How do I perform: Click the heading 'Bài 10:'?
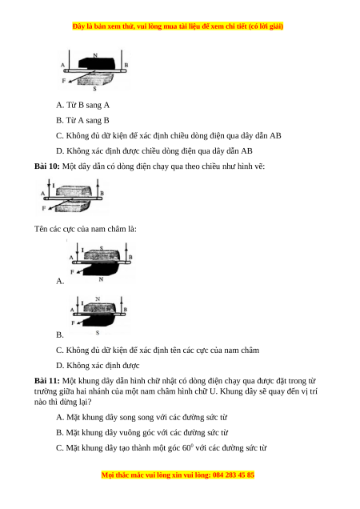pyautogui.click(x=47, y=166)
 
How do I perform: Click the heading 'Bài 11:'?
pyautogui.click(x=47, y=381)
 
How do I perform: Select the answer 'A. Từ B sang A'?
pyautogui.click(x=82, y=105)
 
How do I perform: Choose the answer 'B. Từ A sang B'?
pyautogui.click(x=82, y=120)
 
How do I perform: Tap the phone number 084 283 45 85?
pyautogui.click(x=234, y=475)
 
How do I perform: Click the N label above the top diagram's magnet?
pyautogui.click(x=95, y=55)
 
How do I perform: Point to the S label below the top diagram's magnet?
pyautogui.click(x=94, y=88)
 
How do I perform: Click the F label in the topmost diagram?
pyautogui.click(x=64, y=81)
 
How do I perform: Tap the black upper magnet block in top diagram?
pyautogui.click(x=97, y=63)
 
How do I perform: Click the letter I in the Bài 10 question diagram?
pyautogui.click(x=54, y=186)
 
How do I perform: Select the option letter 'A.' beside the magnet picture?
pyautogui.click(x=60, y=281)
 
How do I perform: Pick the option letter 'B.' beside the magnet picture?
pyautogui.click(x=60, y=335)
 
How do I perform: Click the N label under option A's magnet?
pyautogui.click(x=101, y=279)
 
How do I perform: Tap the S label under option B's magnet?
pyautogui.click(x=98, y=333)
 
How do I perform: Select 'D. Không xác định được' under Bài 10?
pyautogui.click(x=98, y=366)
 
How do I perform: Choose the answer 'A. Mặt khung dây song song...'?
pyautogui.click(x=142, y=418)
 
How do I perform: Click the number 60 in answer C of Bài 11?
pyautogui.click(x=186, y=448)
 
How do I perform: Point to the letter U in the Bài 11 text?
pyautogui.click(x=213, y=391)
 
